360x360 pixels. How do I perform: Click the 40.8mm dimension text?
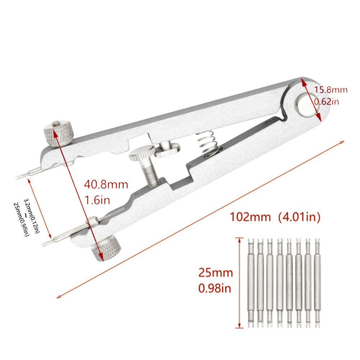pos(106,185)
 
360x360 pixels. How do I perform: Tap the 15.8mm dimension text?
pos(331,90)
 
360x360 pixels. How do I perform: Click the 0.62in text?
pos(327,102)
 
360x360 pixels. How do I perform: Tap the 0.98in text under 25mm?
pos(215,288)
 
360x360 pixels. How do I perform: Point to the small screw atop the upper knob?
pos(56,123)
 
